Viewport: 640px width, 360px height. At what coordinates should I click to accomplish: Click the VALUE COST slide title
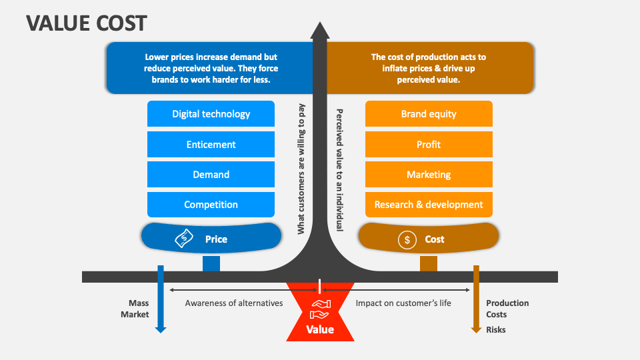pos(87,23)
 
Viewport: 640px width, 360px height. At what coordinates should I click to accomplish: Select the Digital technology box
pos(211,114)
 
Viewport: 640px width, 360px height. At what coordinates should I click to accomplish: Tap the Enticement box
pos(211,145)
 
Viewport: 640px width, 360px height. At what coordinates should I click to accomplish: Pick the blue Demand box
pos(211,175)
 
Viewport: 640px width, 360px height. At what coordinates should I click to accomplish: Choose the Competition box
pos(211,205)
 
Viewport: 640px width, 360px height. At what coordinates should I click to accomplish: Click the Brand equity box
pos(429,114)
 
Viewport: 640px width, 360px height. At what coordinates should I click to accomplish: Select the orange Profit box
pos(429,145)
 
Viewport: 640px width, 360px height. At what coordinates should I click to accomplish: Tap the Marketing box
pos(429,175)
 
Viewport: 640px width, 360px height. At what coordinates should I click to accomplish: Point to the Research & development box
pos(429,205)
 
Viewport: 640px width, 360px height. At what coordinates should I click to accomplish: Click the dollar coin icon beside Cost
pos(407,239)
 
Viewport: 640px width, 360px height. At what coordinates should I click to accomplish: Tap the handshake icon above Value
pos(320,308)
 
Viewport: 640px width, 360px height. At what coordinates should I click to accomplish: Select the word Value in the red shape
pos(320,329)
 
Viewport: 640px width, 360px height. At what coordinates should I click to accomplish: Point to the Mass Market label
pos(135,309)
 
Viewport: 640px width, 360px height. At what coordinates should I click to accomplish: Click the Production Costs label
pos(507,309)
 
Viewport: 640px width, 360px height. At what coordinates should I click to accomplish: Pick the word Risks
pos(495,329)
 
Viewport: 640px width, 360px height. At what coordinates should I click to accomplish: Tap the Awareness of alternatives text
pos(234,303)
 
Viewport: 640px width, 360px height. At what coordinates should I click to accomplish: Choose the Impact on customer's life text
pos(403,303)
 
